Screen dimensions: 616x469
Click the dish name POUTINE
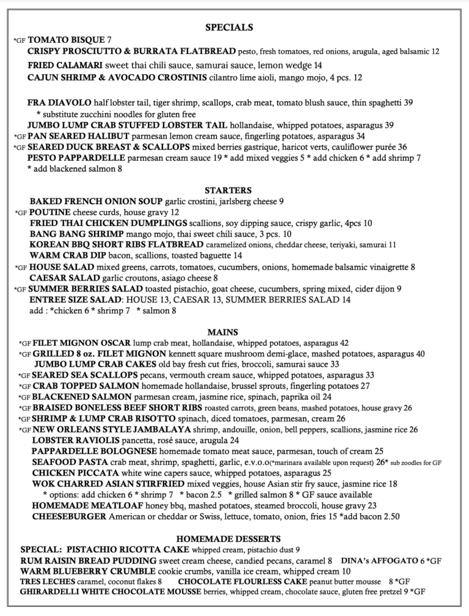pyautogui.click(x=49, y=212)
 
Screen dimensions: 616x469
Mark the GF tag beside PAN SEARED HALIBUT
pyautogui.click(x=19, y=137)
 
